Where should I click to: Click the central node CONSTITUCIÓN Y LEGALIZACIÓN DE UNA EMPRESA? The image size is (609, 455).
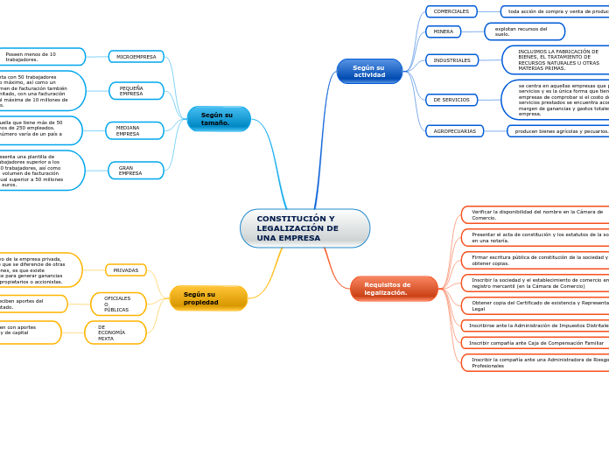click(x=304, y=228)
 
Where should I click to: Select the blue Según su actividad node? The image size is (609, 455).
click(x=369, y=71)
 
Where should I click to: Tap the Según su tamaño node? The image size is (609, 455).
click(x=219, y=119)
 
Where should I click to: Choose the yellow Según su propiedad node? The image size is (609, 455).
click(x=208, y=298)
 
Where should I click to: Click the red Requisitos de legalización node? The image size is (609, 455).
click(x=394, y=289)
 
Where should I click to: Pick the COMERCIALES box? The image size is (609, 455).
click(x=451, y=11)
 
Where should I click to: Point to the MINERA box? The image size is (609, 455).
click(x=444, y=31)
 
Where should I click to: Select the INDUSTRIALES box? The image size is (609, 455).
click(x=451, y=60)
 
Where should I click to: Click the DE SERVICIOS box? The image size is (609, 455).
click(x=451, y=100)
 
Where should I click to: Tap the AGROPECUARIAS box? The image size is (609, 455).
click(x=454, y=131)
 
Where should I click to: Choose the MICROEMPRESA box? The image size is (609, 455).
click(x=136, y=57)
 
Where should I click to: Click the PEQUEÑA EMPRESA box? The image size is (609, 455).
click(x=136, y=91)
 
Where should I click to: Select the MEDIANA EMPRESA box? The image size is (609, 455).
click(x=135, y=130)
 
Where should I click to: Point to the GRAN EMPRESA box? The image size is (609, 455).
click(x=136, y=171)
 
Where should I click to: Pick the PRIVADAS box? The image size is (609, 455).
click(x=126, y=270)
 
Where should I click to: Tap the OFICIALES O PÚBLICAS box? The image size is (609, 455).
click(x=118, y=304)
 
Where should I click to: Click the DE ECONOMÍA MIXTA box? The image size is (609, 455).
click(x=115, y=332)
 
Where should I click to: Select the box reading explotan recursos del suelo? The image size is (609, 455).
click(x=524, y=31)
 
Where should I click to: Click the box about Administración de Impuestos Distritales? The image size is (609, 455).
click(x=535, y=325)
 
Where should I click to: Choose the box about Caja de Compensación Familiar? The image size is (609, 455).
click(x=535, y=343)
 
